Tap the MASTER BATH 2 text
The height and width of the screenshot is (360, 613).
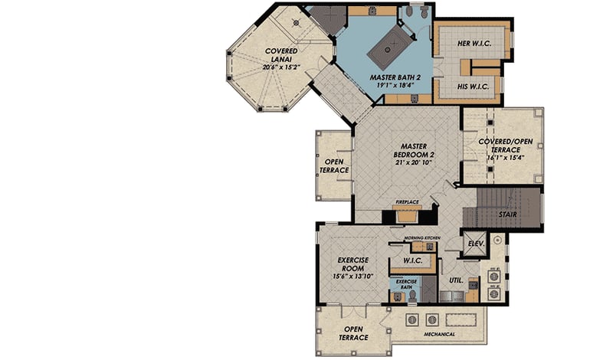pos(392,77)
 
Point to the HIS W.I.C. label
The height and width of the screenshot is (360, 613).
pos(468,87)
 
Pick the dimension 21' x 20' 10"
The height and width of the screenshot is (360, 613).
pos(413,162)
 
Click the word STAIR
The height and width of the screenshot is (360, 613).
pos(506,214)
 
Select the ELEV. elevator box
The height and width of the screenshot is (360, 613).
pos(474,243)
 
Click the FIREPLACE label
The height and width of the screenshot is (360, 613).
pos(406,202)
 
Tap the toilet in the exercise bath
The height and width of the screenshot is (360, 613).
pos(411,295)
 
